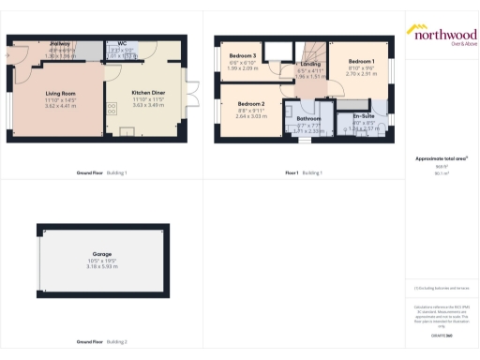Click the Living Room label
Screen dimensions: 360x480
(x=61, y=93)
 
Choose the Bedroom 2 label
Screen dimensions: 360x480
(x=251, y=103)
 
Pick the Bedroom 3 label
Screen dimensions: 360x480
(x=243, y=56)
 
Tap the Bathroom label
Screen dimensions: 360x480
(x=309, y=119)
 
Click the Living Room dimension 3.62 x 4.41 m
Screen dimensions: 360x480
(x=61, y=105)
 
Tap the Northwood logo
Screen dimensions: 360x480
(x=441, y=34)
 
